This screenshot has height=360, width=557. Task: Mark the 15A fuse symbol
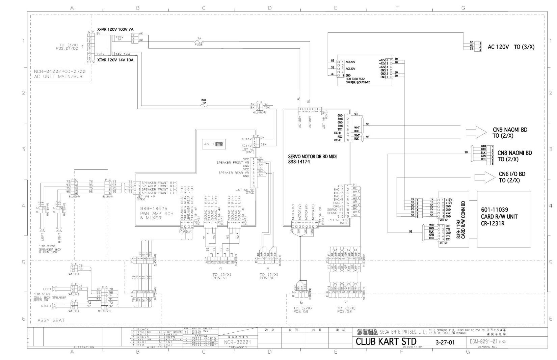pyautogui.click(x=204, y=106)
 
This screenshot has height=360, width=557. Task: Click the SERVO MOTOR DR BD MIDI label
pyautogui.click(x=312, y=157)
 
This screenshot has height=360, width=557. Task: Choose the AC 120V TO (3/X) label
pyautogui.click(x=511, y=47)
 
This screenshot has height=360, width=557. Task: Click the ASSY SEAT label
pyautogui.click(x=51, y=320)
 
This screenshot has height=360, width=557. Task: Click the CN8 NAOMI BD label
pyautogui.click(x=514, y=153)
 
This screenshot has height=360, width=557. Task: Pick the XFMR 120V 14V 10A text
pyautogui.click(x=115, y=60)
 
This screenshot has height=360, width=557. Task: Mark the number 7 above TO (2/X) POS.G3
pyautogui.click(x=345, y=302)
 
